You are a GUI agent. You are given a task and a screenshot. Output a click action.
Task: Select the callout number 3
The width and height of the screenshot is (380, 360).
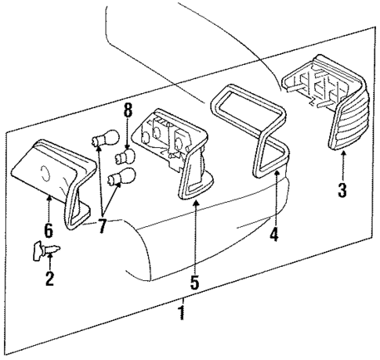point(342,190)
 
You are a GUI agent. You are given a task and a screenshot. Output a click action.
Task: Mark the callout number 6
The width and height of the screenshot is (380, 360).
point(49,232)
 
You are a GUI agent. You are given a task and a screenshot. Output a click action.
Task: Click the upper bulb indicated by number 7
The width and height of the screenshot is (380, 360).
point(99,142)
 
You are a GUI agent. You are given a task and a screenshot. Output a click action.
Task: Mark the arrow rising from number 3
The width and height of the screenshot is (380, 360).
point(342,166)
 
